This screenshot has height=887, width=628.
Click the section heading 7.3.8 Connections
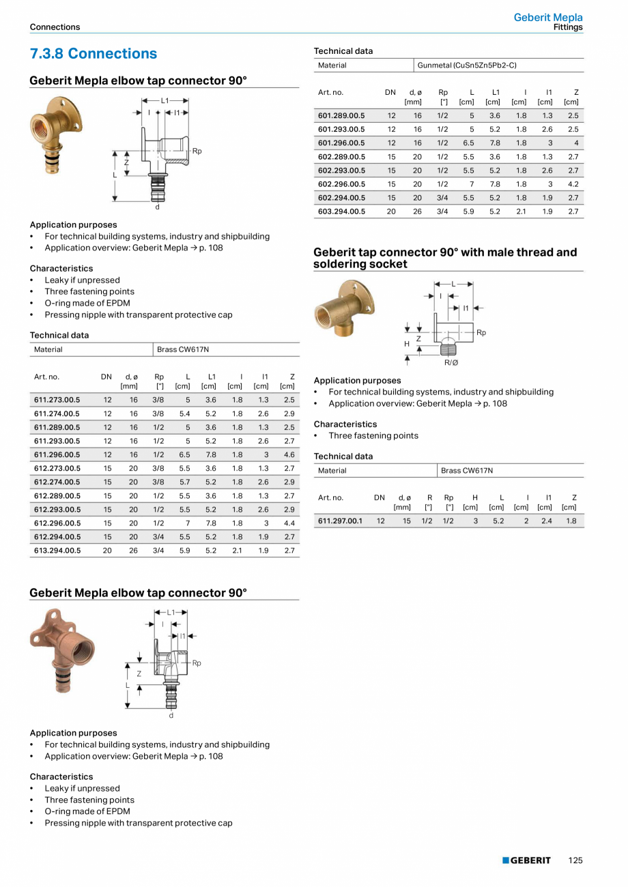tap(93, 54)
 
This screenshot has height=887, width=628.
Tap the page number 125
tap(575, 860)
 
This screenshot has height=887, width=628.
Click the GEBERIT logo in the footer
tap(526, 860)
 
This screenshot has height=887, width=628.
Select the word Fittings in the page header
tap(568, 27)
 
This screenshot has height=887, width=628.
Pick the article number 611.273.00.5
tap(57, 400)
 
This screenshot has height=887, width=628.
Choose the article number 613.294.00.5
tap(57, 550)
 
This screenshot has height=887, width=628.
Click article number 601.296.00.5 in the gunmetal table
tap(341, 143)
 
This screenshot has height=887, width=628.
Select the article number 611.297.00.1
tap(341, 521)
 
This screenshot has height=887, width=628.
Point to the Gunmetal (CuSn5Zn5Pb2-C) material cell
tap(467, 66)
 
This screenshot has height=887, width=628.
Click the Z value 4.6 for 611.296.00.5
tap(289, 454)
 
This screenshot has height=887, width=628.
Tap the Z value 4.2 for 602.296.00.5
tap(573, 184)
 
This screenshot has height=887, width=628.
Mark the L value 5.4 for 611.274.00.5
tap(184, 413)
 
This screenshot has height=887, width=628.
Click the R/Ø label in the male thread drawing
tap(451, 362)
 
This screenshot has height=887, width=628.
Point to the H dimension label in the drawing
tap(407, 344)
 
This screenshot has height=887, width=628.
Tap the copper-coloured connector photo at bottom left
tap(62, 649)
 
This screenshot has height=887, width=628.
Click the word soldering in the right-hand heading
tap(341, 264)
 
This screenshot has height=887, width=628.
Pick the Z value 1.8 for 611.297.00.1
tap(571, 521)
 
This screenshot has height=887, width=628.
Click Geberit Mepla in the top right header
tap(548, 18)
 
